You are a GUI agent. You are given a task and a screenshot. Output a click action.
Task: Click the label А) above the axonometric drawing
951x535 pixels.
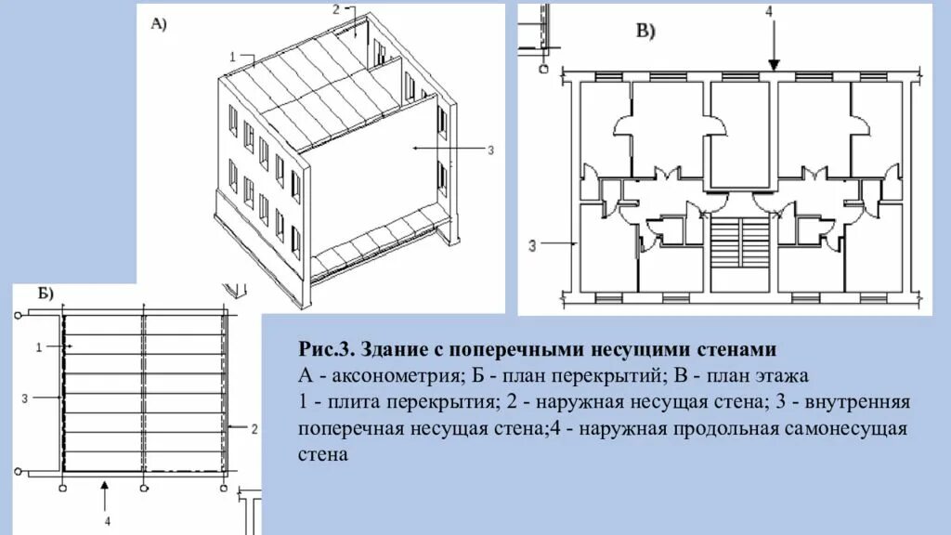[158, 25]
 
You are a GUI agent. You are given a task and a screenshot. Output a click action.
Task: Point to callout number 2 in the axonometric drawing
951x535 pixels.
[336, 9]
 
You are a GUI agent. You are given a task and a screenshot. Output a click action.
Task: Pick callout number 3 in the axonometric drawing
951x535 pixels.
[490, 149]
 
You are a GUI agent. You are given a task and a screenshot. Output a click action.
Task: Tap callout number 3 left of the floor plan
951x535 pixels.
[532, 244]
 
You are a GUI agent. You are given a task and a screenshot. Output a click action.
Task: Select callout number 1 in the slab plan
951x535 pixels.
[37, 346]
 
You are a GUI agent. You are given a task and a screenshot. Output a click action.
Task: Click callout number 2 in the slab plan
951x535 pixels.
[254, 428]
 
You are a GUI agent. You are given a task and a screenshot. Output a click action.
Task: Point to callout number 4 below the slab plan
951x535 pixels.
[108, 521]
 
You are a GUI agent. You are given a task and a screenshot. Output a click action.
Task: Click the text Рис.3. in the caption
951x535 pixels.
[326, 350]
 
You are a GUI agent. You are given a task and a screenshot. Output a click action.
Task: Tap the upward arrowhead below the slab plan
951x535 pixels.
[107, 485]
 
